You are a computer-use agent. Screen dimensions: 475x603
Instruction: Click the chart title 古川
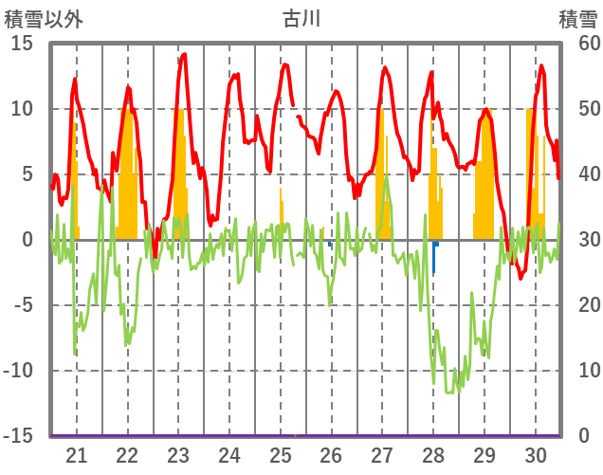click(301, 17)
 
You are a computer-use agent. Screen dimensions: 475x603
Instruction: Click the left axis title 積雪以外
click(43, 17)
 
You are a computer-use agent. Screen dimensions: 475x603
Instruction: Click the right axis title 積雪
click(576, 17)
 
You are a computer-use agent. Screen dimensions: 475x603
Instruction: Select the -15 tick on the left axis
click(19, 436)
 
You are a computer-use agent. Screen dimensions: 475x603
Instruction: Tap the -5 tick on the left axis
click(23, 305)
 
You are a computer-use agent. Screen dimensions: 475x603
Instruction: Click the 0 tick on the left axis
click(28, 240)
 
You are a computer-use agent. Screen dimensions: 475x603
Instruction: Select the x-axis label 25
click(281, 454)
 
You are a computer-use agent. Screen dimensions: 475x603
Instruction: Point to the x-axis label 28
click(433, 454)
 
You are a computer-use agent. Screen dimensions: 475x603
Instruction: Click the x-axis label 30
click(536, 454)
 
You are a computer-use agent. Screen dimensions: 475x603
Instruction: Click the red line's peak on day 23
click(183, 54)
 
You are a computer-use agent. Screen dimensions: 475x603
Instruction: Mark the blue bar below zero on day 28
click(434, 256)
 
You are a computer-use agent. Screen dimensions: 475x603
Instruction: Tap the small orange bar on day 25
click(281, 213)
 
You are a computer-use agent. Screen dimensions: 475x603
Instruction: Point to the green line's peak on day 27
click(386, 176)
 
